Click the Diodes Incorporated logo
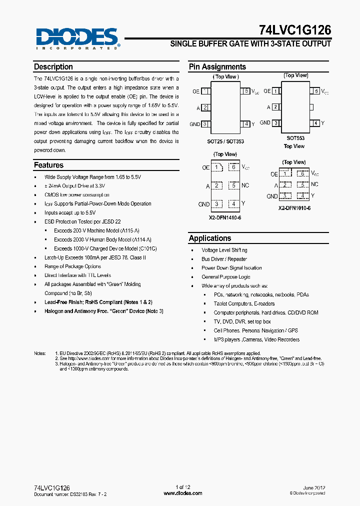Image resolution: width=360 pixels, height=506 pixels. pos(76,38)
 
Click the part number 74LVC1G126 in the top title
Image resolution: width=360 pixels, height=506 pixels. pos(295,30)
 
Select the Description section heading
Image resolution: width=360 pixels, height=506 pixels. pos(53,67)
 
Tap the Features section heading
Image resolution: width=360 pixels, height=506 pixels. pos(48,165)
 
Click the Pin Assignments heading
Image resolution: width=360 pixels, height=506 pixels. pos(217,67)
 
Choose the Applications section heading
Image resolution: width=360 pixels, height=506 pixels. pos(210,238)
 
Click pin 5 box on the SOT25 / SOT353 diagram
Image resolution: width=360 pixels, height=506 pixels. pos(245,91)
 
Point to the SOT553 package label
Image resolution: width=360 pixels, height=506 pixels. pos(295,137)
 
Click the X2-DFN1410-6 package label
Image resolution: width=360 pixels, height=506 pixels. pos(225,217)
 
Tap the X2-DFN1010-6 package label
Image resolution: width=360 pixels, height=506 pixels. pos(294,207)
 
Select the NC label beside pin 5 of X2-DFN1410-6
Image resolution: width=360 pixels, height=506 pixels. pos(245,185)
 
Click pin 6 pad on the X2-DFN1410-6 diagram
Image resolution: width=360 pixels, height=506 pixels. pos(233,167)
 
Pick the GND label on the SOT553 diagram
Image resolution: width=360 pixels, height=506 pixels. pos(265,123)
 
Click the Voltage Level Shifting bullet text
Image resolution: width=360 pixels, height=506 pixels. pos(224,250)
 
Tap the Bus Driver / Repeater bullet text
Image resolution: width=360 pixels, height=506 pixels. pos(224,259)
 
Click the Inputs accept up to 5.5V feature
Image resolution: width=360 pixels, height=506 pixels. pos(69,212)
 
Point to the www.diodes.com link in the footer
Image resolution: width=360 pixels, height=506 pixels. pos(183,493)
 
